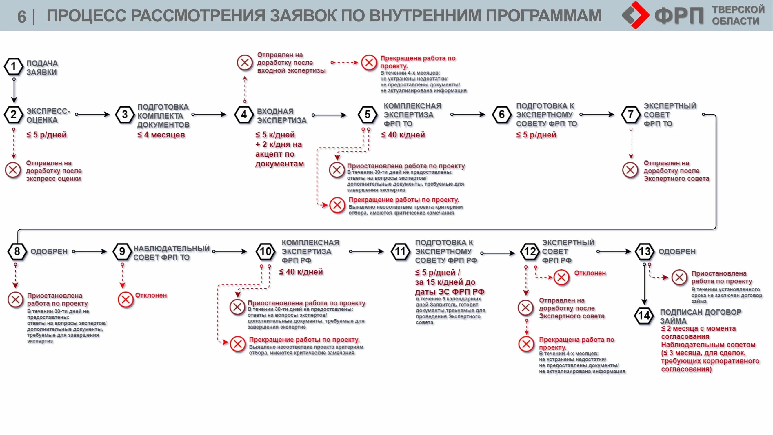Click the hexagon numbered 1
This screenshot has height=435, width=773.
click(x=14, y=67)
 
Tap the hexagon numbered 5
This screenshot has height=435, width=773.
click(x=367, y=115)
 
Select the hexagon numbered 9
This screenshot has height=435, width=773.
click(x=122, y=251)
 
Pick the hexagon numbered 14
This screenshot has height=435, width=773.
click(x=644, y=316)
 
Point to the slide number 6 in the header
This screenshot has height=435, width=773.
click(x=22, y=17)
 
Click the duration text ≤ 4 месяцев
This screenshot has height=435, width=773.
click(x=161, y=135)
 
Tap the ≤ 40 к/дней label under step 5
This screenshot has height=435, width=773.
click(x=403, y=135)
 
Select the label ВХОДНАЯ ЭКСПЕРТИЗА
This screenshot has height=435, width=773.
click(x=281, y=116)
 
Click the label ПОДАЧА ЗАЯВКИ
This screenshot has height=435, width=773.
click(x=42, y=68)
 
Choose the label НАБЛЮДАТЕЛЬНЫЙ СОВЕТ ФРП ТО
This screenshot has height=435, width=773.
click(x=171, y=253)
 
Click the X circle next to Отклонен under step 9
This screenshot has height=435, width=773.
click(x=126, y=299)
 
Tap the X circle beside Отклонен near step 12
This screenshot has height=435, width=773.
click(x=561, y=277)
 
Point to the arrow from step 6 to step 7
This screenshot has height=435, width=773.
click(x=597, y=114)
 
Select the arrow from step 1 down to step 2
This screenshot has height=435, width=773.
click(x=14, y=90)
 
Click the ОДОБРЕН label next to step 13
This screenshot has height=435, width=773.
click(x=677, y=251)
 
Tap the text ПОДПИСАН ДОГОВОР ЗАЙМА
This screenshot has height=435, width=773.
click(x=700, y=316)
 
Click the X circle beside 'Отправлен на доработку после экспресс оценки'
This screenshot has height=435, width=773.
click(x=13, y=170)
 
